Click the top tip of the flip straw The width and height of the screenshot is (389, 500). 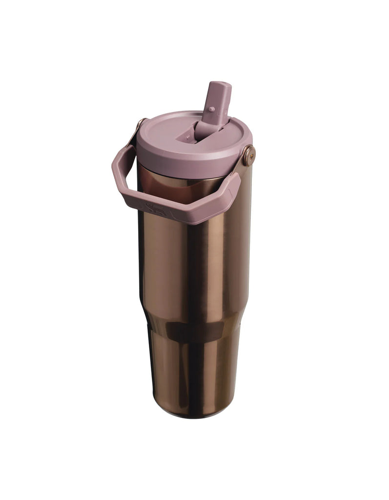219,86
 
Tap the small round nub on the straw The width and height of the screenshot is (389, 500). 212,109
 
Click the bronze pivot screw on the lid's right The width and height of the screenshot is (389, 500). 248,155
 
